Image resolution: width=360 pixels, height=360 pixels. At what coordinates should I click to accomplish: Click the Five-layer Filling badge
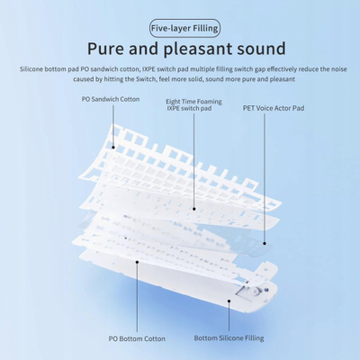(x=184, y=29)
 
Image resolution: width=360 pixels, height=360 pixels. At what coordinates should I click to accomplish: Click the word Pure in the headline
(x=105, y=49)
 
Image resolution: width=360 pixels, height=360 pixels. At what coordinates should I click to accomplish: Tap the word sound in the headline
(x=261, y=49)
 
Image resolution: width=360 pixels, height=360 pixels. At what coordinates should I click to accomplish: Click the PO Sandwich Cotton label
(x=111, y=99)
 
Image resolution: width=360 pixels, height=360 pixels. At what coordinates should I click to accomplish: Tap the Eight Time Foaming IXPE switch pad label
(x=193, y=105)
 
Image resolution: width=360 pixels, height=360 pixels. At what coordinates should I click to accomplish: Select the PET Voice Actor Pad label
(x=274, y=108)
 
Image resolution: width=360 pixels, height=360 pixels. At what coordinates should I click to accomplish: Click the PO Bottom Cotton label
(x=137, y=338)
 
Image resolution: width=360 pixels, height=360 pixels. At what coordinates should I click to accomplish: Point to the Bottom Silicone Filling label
(x=229, y=338)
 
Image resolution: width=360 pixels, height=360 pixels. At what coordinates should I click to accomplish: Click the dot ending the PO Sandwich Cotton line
(x=113, y=147)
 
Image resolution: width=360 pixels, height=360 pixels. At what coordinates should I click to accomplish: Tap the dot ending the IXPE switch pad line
(x=194, y=209)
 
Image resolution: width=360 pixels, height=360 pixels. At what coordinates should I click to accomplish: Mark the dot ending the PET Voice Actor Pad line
(x=265, y=243)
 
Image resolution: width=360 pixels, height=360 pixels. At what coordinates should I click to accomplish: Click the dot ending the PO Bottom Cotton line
(x=137, y=262)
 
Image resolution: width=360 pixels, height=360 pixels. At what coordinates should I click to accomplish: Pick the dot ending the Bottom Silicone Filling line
(x=229, y=301)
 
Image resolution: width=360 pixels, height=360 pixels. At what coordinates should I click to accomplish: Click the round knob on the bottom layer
(x=256, y=291)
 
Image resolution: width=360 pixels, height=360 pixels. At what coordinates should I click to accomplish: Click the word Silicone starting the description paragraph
(x=31, y=69)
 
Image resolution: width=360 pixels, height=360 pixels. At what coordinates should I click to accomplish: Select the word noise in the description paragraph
(x=338, y=69)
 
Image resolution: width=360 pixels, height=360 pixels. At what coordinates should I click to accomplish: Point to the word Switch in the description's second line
(x=146, y=79)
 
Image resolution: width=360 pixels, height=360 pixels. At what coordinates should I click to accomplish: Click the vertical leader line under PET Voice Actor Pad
(x=265, y=177)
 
